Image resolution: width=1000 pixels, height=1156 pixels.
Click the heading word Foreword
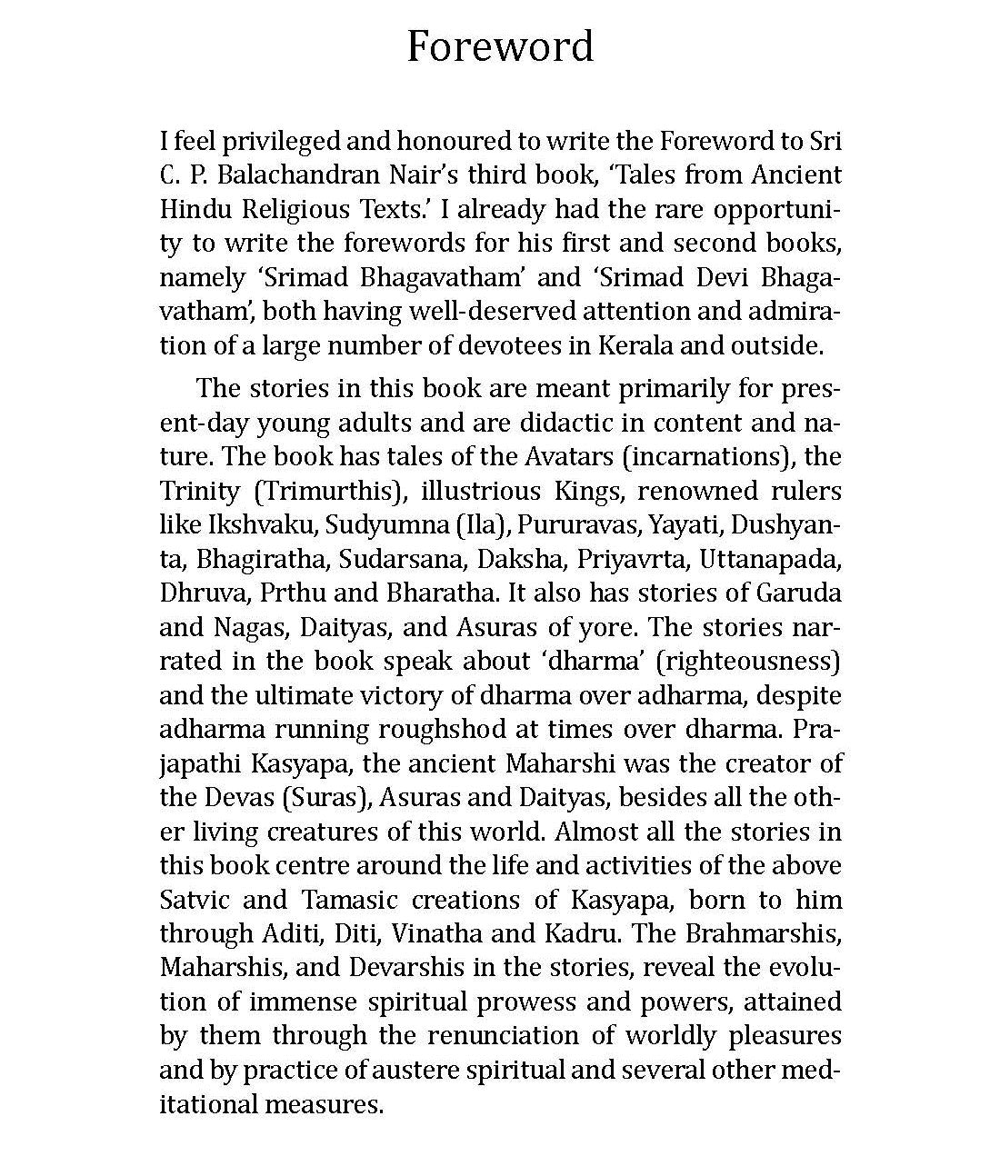click(499, 46)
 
